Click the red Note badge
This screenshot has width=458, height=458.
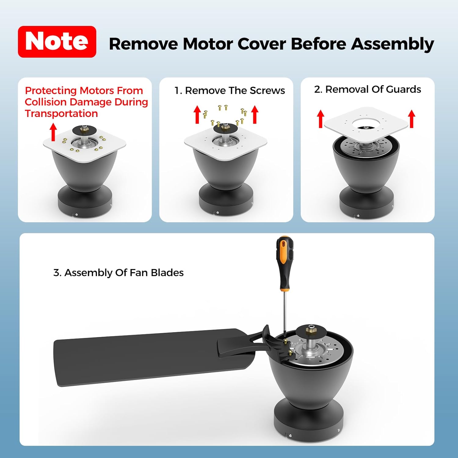click(x=57, y=42)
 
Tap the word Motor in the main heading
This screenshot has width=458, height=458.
click(x=208, y=44)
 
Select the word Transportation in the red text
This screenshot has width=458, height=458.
click(x=61, y=114)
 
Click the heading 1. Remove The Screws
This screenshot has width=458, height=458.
click(x=230, y=91)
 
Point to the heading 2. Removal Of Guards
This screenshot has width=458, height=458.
click(x=368, y=89)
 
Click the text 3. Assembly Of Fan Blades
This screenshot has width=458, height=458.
click(x=118, y=273)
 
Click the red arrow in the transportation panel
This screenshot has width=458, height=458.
click(x=53, y=132)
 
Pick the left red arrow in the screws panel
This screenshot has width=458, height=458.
click(x=197, y=114)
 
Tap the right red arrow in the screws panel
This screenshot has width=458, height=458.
click(x=255, y=114)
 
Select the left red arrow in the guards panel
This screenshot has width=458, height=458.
click(x=320, y=119)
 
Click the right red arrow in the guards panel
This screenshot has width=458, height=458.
click(x=412, y=119)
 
